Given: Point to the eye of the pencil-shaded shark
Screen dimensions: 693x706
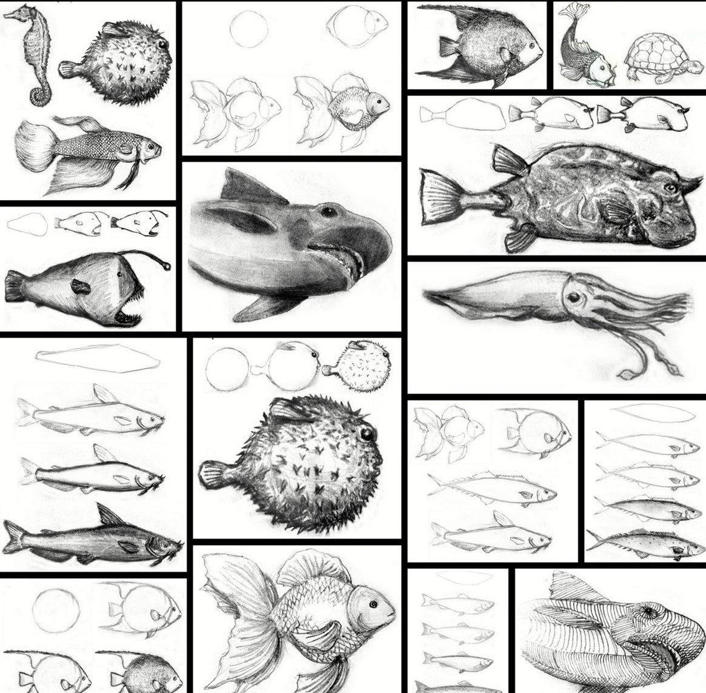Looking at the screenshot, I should (x=328, y=212).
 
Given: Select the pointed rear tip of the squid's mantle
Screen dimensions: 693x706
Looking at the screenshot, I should (x=428, y=295).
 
